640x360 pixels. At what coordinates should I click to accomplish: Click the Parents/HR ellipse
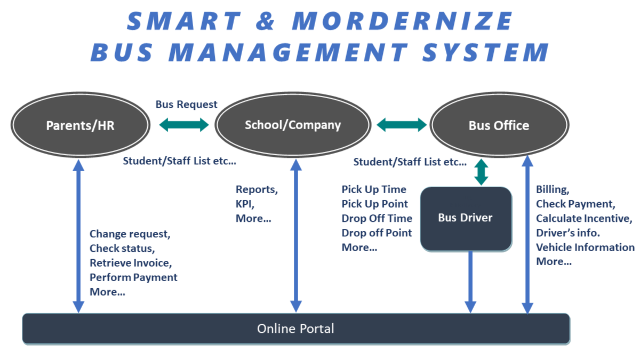point(80,126)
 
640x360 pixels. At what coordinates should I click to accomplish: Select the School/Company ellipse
point(292,125)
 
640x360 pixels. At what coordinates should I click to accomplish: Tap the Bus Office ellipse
point(499,126)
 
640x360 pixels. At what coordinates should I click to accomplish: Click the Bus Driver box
point(465,218)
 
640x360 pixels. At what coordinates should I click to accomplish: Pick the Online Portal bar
point(295,329)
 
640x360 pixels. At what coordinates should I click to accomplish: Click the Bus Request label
point(186,105)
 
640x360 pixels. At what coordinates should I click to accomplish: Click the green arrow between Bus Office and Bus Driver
point(482,172)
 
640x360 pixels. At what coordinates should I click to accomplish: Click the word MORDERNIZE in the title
point(402,21)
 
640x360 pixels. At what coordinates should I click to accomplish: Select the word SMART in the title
point(183,21)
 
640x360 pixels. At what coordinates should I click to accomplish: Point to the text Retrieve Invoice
point(131,263)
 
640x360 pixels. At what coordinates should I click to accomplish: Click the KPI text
point(245,204)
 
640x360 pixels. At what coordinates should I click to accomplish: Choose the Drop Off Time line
point(377,218)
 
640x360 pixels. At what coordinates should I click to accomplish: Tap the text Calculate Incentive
point(583,218)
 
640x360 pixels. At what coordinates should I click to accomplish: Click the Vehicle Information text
point(585,247)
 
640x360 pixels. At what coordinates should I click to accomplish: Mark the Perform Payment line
point(133,277)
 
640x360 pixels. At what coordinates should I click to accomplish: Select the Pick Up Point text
point(374,204)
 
